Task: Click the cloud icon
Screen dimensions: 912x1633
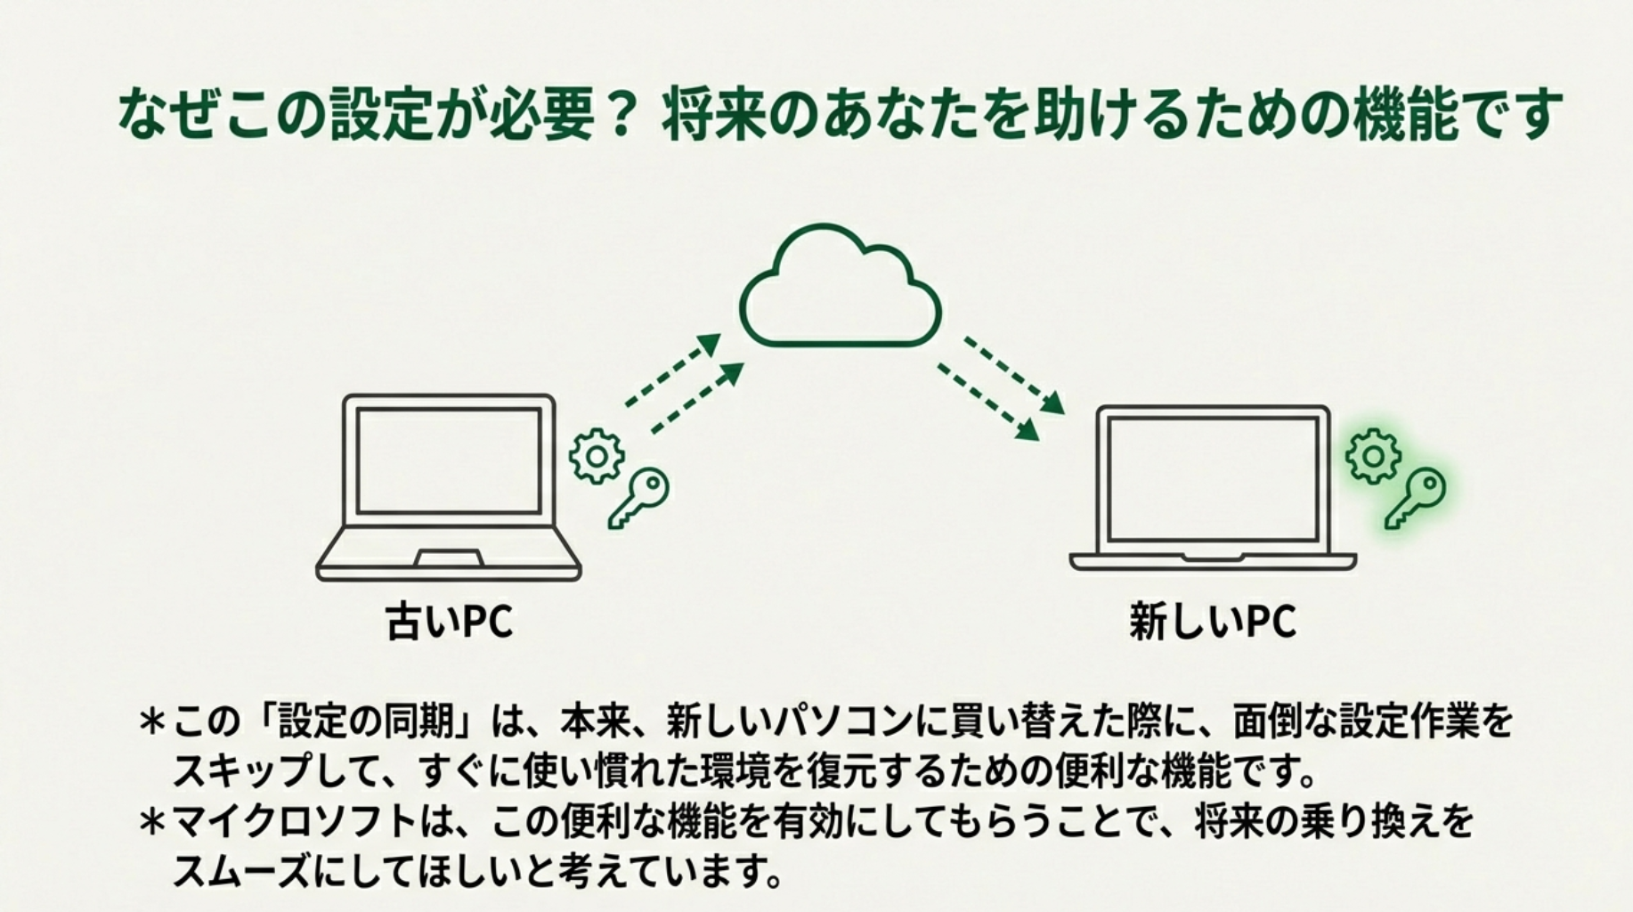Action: point(840,289)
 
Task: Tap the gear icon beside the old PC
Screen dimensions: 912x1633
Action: point(597,456)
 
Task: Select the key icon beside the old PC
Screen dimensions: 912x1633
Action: point(639,497)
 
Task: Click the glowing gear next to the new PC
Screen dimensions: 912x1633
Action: point(1373,456)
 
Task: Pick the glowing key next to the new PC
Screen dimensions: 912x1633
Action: point(1416,497)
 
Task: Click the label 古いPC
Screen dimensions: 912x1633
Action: point(450,621)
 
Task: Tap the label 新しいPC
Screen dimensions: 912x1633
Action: point(1213,621)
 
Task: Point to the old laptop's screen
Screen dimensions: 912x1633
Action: point(449,460)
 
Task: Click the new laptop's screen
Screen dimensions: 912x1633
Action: point(1213,478)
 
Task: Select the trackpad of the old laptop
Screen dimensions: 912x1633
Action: point(449,558)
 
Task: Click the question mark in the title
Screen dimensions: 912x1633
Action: point(622,115)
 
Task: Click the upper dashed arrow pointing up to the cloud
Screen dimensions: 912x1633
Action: point(673,370)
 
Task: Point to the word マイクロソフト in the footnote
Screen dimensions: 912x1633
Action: point(294,821)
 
